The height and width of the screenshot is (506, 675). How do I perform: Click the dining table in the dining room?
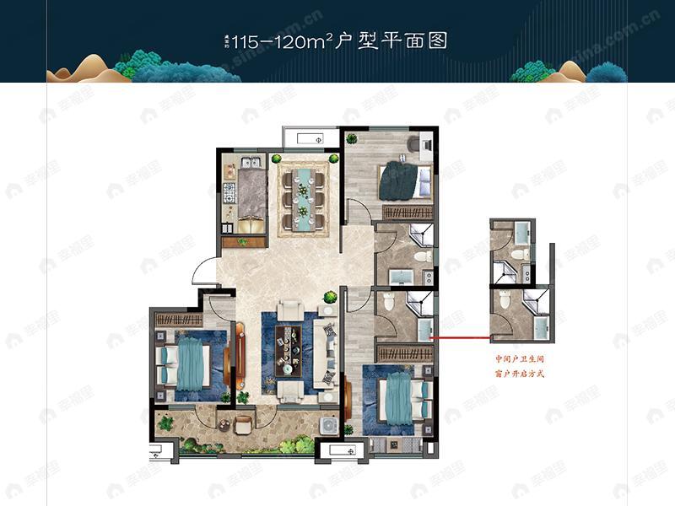[x=301, y=197]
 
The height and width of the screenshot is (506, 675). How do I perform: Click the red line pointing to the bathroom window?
[x=461, y=338]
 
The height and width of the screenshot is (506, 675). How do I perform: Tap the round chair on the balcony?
[x=243, y=424]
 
